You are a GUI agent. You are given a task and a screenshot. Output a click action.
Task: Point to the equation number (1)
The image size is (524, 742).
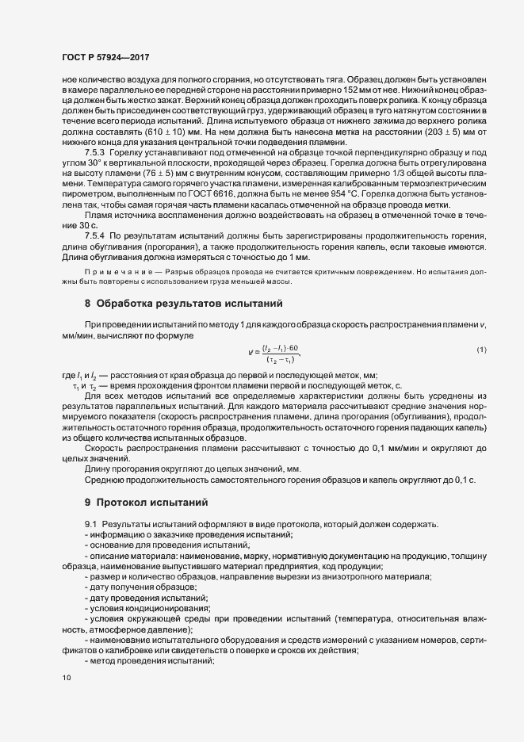coord(481,350)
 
